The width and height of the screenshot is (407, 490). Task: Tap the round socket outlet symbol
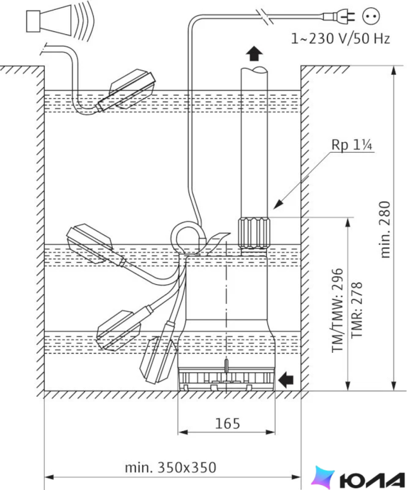click(371, 16)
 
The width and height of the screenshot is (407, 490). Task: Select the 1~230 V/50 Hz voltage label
click(341, 38)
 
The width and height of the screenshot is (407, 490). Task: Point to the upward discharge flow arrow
click(254, 53)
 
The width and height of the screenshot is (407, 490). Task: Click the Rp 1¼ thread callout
click(351, 145)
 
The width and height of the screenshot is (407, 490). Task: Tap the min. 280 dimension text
click(386, 229)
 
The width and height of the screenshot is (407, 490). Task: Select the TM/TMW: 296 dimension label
click(338, 310)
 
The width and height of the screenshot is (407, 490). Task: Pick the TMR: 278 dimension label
click(357, 310)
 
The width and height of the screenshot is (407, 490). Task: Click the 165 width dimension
click(228, 424)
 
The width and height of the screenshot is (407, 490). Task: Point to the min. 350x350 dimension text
click(170, 467)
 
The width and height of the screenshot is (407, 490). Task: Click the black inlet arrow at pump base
click(286, 380)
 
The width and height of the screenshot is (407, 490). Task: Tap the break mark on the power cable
click(265, 16)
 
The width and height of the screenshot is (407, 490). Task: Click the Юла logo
click(359, 478)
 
